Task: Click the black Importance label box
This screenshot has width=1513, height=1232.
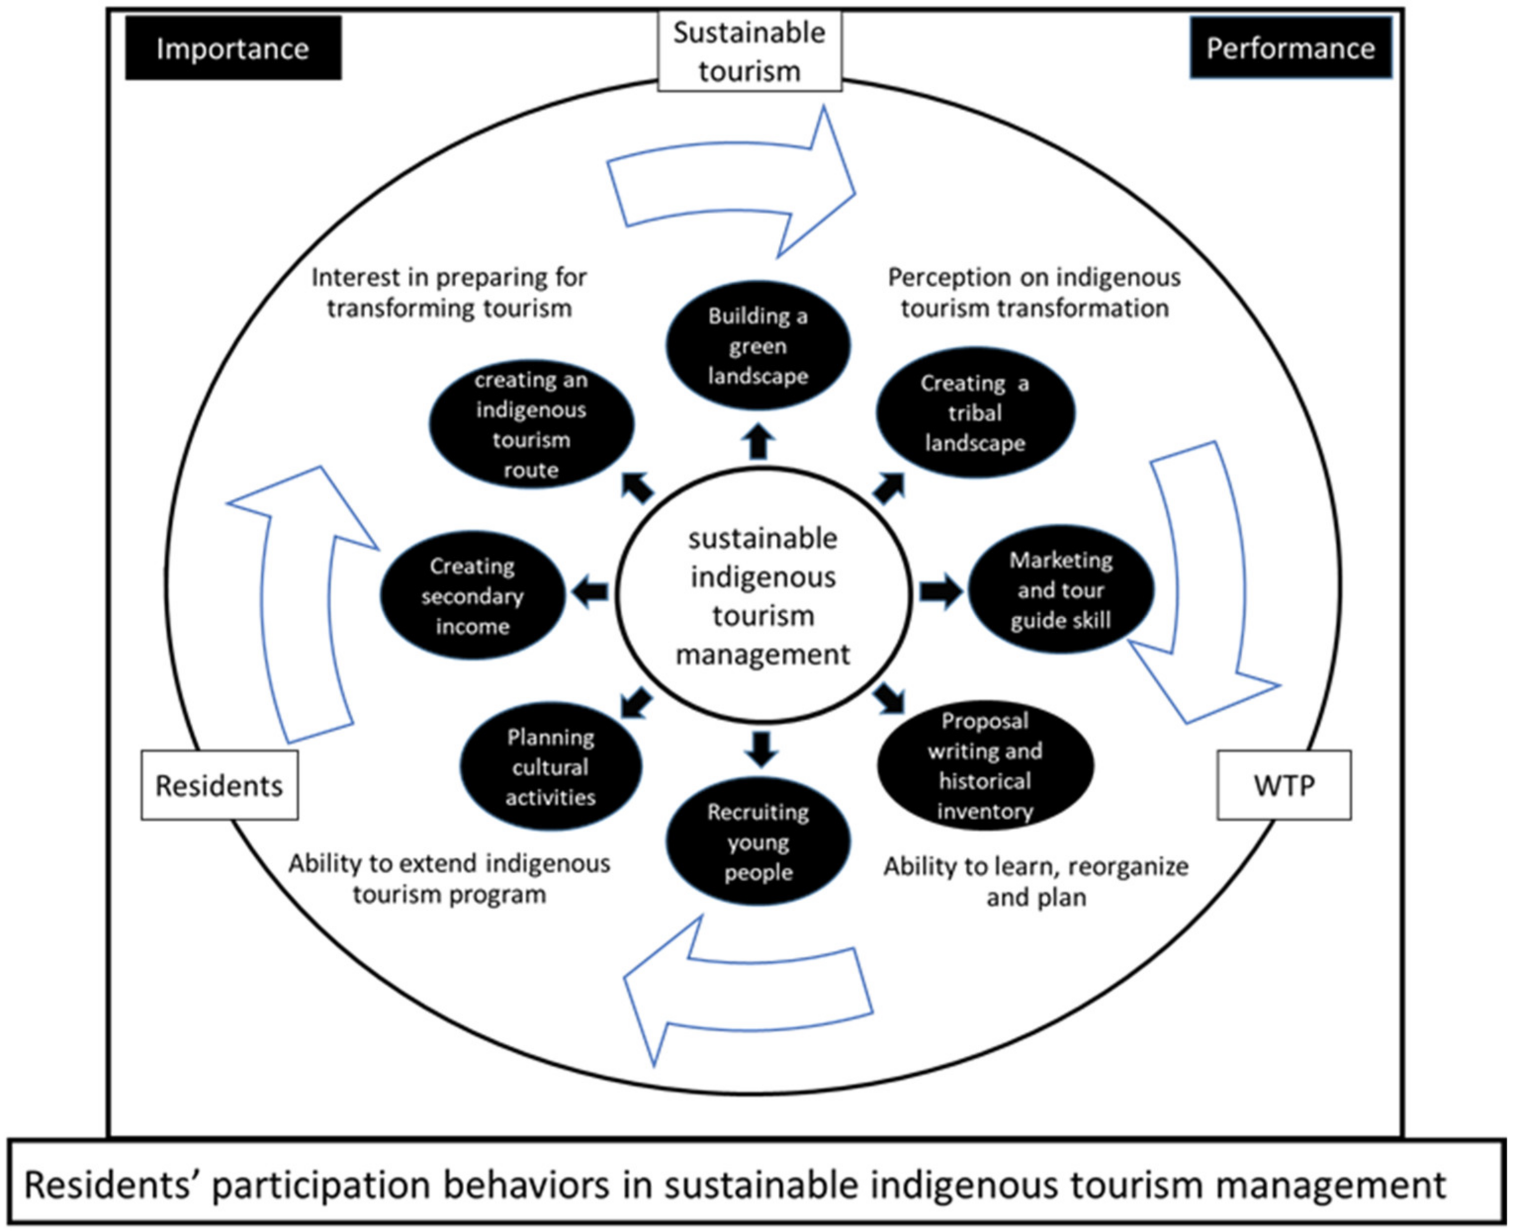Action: click(x=233, y=48)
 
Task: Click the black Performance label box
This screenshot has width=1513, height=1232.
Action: click(x=1290, y=48)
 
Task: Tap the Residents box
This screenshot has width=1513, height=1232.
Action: click(x=219, y=786)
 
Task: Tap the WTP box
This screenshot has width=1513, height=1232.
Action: click(x=1284, y=786)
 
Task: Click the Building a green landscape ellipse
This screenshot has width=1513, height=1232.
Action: click(x=758, y=346)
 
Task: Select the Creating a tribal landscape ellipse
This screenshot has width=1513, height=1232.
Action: click(x=975, y=413)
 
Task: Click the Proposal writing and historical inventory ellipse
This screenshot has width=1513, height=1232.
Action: click(x=984, y=766)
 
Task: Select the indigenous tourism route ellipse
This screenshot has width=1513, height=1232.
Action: click(x=531, y=424)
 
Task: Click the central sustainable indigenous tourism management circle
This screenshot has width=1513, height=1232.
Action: click(x=763, y=596)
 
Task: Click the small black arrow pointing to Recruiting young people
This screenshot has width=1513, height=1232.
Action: click(x=761, y=748)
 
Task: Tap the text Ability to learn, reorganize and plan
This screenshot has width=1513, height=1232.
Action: click(x=1036, y=881)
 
